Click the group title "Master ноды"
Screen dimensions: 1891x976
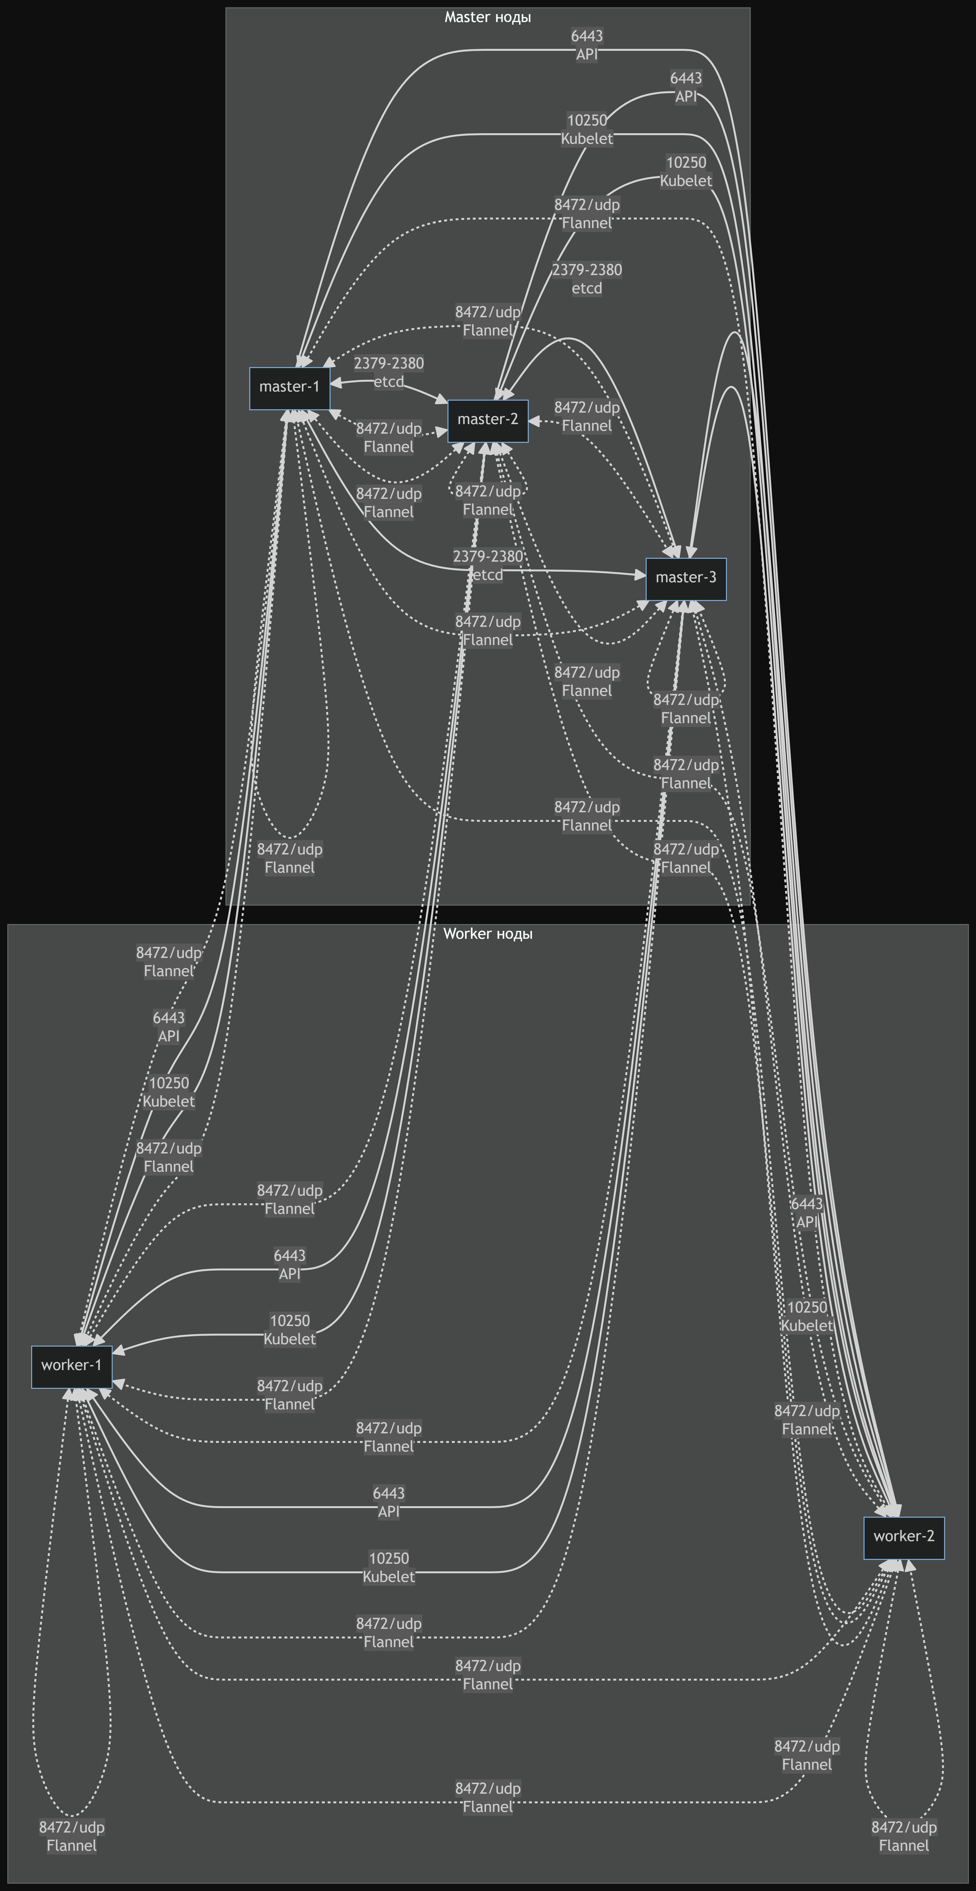(x=488, y=17)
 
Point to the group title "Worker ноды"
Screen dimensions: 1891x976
(x=488, y=934)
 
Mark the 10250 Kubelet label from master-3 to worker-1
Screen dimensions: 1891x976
(x=389, y=1567)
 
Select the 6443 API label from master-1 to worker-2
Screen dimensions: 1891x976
(x=587, y=45)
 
